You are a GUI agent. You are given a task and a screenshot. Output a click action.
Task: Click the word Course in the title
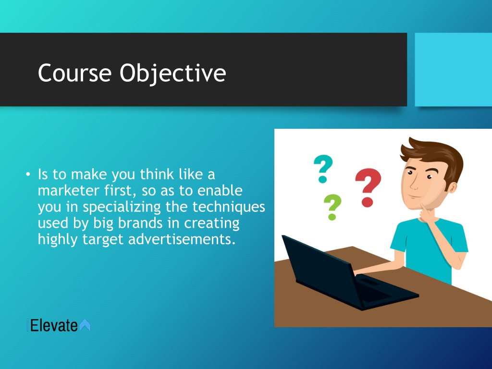pos(74,73)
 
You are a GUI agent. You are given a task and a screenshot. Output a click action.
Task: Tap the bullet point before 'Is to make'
pos(28,174)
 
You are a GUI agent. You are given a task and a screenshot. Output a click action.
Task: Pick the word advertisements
pos(182,239)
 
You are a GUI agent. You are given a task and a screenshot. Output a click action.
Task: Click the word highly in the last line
pos(58,240)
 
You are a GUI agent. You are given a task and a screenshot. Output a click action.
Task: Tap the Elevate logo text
pos(54,325)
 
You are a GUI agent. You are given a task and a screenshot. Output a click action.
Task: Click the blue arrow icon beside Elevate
pos(85,325)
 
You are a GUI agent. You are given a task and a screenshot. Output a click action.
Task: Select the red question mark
pos(368,187)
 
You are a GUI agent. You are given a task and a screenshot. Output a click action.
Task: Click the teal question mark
pos(323,169)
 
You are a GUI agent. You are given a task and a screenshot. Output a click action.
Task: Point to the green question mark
pos(332,207)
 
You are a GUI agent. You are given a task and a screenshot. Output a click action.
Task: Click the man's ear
pos(452,187)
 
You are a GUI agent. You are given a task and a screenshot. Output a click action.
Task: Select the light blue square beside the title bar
pos(454,70)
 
